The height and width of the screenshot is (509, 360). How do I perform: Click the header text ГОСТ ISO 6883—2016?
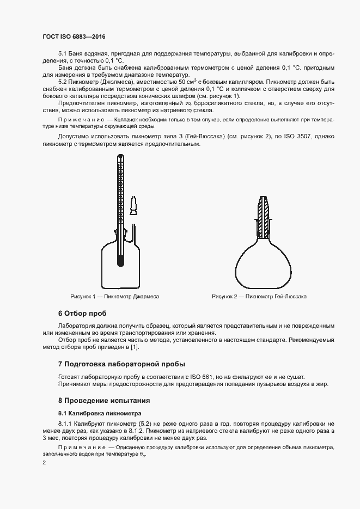point(74,36)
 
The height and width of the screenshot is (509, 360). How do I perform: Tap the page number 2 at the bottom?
point(44,463)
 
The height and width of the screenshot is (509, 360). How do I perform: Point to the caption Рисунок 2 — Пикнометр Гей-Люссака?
point(259,297)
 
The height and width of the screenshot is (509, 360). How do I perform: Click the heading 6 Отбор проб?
point(82,314)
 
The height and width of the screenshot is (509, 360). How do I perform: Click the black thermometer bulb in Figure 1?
point(120,260)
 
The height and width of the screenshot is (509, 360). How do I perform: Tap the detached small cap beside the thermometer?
point(133,205)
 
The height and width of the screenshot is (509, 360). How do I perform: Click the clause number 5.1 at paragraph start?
point(62,54)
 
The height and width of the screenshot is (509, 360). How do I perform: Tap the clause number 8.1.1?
point(65,424)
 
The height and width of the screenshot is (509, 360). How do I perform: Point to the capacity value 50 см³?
point(193,81)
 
